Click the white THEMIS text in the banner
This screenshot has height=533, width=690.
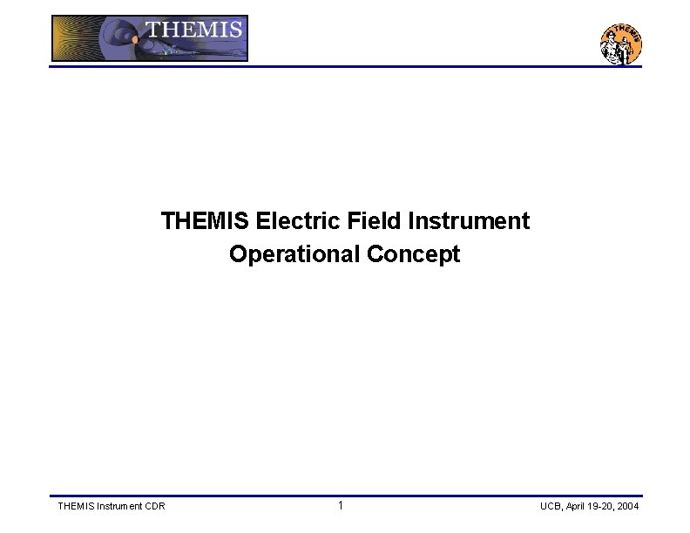coord(193,30)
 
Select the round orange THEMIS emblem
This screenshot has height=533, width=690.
coord(621,44)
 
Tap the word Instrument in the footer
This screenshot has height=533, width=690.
coord(120,506)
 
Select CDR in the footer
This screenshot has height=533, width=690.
coord(155,506)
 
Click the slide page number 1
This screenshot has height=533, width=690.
coord(341,506)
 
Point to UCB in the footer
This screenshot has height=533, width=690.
coord(551,506)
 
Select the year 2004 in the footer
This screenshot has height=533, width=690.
coord(629,506)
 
